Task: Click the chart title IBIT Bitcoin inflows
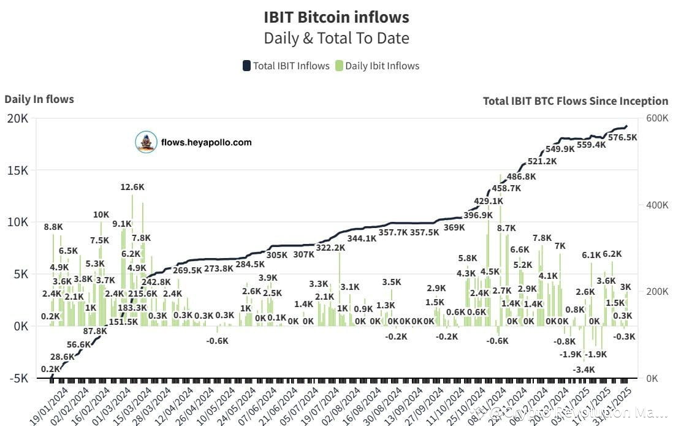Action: click(336, 17)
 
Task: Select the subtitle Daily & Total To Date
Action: click(336, 38)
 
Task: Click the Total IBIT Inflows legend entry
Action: click(286, 66)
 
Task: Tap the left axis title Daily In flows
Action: click(39, 99)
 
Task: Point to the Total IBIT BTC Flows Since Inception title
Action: click(575, 101)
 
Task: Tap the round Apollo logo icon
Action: click(146, 142)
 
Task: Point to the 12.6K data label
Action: click(132, 187)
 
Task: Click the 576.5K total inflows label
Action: click(622, 138)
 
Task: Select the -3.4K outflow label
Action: click(584, 370)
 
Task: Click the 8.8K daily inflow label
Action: click(53, 227)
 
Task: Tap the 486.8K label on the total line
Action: click(521, 177)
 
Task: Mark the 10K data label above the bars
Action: click(101, 215)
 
